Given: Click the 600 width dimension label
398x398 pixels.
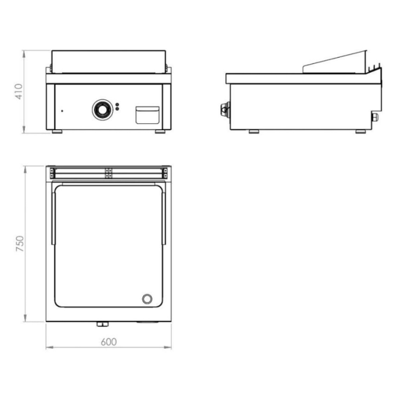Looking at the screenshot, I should (108, 342).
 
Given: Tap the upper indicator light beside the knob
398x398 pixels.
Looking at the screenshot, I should (117, 105).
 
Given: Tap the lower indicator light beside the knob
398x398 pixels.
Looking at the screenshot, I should (117, 109).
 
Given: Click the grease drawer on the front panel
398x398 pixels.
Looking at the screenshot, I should (147, 115).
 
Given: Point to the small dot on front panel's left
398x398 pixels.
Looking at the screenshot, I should (62, 111).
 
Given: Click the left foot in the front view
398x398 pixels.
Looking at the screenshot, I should (57, 132).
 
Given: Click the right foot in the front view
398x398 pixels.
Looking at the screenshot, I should (160, 132).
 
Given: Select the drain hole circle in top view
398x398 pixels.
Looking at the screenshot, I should (147, 298).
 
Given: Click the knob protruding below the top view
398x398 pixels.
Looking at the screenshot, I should (102, 324).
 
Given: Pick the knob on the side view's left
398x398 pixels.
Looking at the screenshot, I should (225, 109).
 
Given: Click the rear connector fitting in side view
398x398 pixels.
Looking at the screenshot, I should (375, 117).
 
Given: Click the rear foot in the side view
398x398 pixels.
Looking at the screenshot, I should (361, 132).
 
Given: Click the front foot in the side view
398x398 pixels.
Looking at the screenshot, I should (254, 132).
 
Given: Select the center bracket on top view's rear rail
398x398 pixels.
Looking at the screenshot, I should (108, 173).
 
